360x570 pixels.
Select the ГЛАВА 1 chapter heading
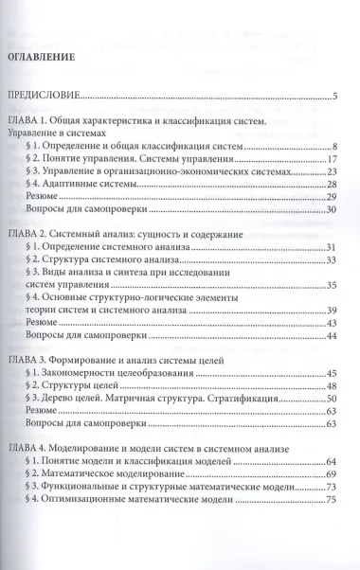[142, 121]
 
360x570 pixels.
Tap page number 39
[332, 311]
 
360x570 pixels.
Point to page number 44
[332, 336]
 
